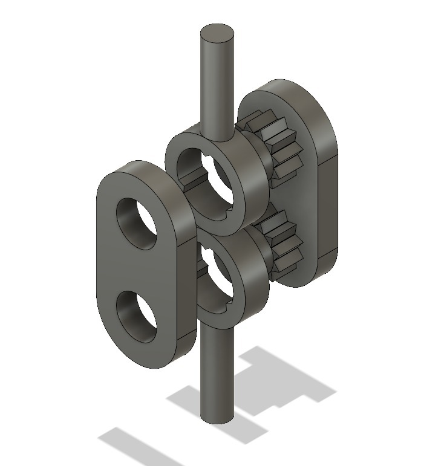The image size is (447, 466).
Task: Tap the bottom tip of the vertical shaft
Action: coord(217,416)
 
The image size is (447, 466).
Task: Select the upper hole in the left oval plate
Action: coord(139,222)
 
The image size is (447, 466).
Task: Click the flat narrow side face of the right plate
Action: coord(327,205)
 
